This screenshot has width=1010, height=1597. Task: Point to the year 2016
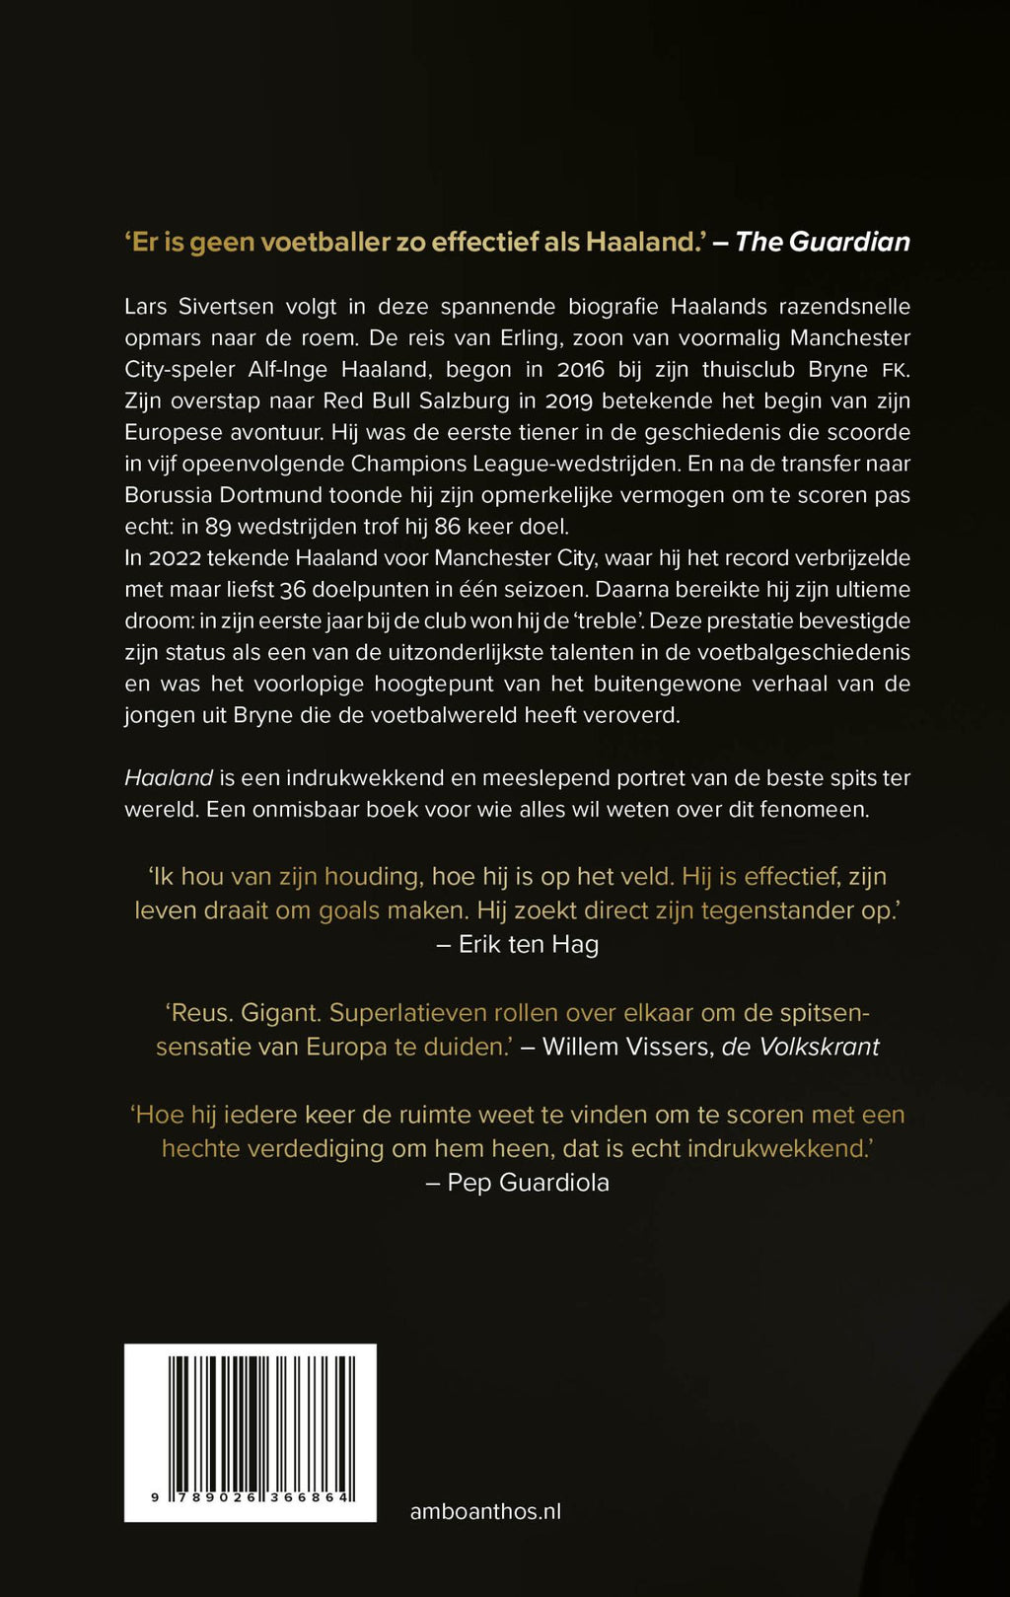(x=582, y=370)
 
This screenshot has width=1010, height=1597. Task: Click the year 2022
(x=175, y=558)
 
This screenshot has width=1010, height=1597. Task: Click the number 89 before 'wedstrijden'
(x=218, y=527)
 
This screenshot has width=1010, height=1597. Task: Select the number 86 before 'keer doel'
(x=448, y=527)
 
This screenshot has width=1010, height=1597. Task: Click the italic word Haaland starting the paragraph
(x=169, y=778)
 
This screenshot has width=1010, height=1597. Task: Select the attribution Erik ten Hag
(x=529, y=945)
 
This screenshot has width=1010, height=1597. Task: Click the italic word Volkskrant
(x=818, y=1047)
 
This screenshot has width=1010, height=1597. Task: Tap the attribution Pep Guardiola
(x=528, y=1183)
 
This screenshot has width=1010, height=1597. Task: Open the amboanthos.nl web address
(x=485, y=1511)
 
